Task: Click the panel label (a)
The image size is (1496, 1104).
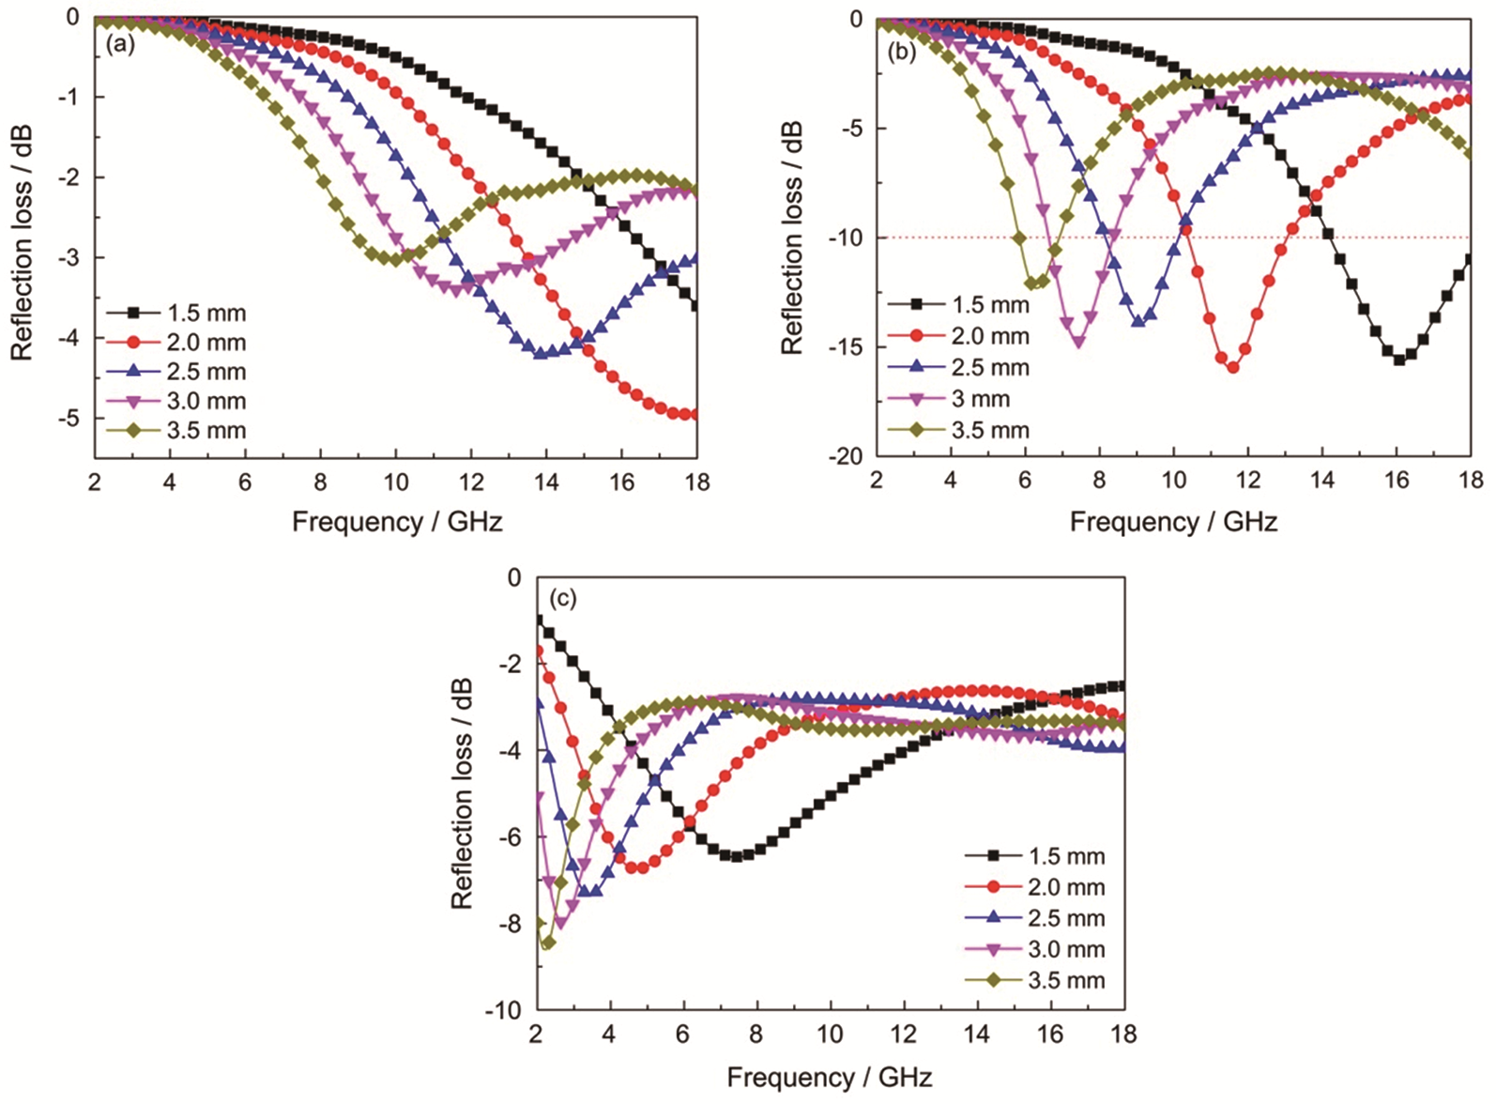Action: [121, 44]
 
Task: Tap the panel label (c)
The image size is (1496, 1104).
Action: [560, 599]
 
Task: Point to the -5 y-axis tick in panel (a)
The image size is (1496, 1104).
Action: [69, 418]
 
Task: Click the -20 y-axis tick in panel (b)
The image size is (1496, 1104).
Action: [844, 456]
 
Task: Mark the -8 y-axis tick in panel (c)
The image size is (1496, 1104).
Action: [508, 924]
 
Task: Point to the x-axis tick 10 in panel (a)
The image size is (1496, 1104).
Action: [395, 483]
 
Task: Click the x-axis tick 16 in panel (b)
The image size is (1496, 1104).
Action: [1397, 481]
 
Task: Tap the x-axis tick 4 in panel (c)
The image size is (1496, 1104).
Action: [610, 1034]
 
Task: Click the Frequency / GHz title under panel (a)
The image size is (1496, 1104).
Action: [397, 522]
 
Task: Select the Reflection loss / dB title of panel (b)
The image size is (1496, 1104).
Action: [793, 237]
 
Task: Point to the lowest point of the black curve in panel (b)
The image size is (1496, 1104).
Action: [1398, 360]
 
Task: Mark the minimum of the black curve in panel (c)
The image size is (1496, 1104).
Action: [737, 856]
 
